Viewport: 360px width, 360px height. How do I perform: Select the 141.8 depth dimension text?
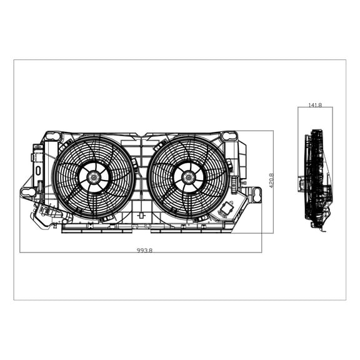click(315, 105)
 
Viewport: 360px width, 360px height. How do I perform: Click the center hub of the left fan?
click(94, 177)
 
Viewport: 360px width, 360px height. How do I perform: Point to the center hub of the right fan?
click(188, 177)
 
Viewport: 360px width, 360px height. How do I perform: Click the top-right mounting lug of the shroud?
click(229, 136)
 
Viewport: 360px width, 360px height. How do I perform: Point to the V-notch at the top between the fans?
click(142, 136)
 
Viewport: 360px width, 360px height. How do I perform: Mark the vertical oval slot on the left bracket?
click(37, 169)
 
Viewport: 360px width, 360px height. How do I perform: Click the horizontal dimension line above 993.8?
click(141, 252)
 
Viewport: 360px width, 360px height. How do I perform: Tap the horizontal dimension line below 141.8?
click(316, 108)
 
